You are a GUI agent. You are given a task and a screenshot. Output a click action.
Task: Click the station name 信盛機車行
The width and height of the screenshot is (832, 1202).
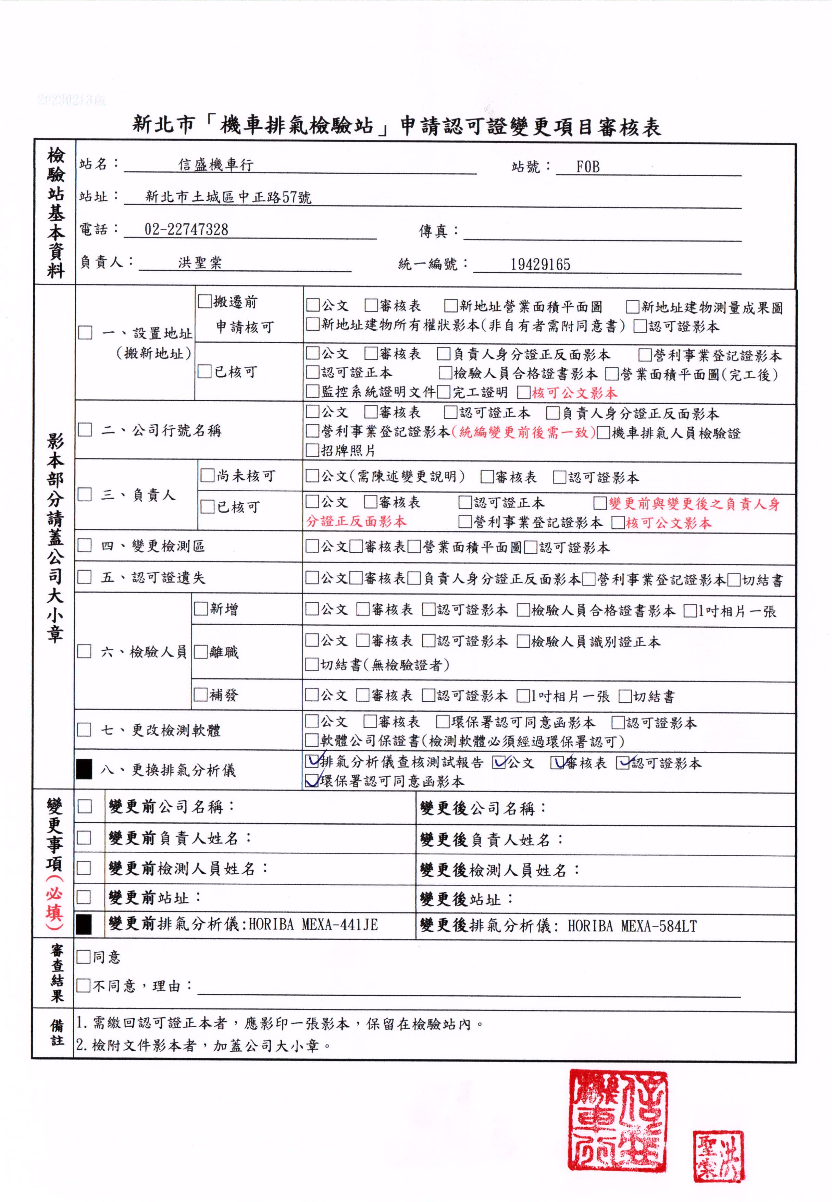(x=216, y=165)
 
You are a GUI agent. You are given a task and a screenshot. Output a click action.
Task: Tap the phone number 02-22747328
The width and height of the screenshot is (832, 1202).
(x=186, y=230)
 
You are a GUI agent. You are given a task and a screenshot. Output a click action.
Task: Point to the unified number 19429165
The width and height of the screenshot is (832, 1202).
(x=540, y=265)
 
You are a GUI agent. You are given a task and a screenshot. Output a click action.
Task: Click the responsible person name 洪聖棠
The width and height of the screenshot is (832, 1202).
(x=200, y=262)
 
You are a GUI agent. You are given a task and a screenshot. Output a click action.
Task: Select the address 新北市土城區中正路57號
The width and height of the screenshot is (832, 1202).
(x=228, y=197)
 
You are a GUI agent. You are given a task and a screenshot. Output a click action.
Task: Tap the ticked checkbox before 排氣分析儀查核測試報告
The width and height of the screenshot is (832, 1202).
(x=312, y=762)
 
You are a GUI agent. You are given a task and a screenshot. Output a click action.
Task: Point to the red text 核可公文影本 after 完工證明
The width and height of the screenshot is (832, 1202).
(x=574, y=393)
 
